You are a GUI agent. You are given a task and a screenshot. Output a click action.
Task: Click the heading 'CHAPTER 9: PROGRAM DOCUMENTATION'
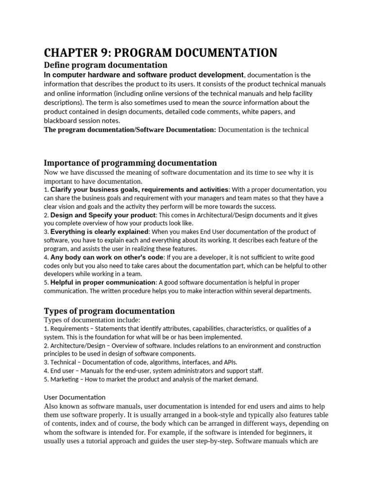pyautogui.click(x=161, y=52)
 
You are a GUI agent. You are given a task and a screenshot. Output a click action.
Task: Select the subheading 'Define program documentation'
pyautogui.click(x=105, y=65)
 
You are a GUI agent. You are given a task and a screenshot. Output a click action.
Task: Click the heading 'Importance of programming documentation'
pyautogui.click(x=130, y=163)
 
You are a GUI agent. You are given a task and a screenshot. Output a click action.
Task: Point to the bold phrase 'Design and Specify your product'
pyautogui.click(x=103, y=215)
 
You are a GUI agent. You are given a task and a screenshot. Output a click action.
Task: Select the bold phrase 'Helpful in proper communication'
pyautogui.click(x=103, y=282)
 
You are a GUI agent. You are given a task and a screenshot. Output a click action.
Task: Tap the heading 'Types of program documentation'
pyautogui.click(x=109, y=311)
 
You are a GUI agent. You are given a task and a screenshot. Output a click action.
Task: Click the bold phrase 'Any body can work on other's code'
pyautogui.click(x=106, y=257)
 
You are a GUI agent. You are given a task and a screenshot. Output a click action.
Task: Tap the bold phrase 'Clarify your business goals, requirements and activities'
pyautogui.click(x=139, y=189)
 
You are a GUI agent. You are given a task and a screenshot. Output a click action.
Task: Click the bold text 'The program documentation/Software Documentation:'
pyautogui.click(x=130, y=130)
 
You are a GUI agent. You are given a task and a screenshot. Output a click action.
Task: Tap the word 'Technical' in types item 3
pyautogui.click(x=63, y=362)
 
